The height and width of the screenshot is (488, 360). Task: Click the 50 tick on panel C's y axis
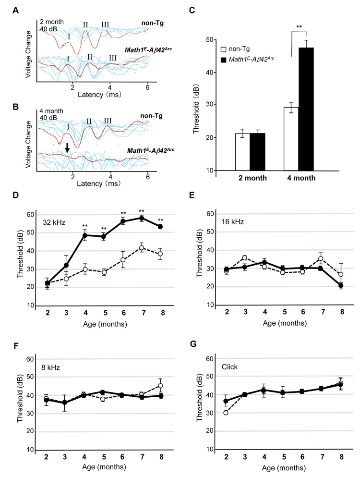[x=209, y=39]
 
